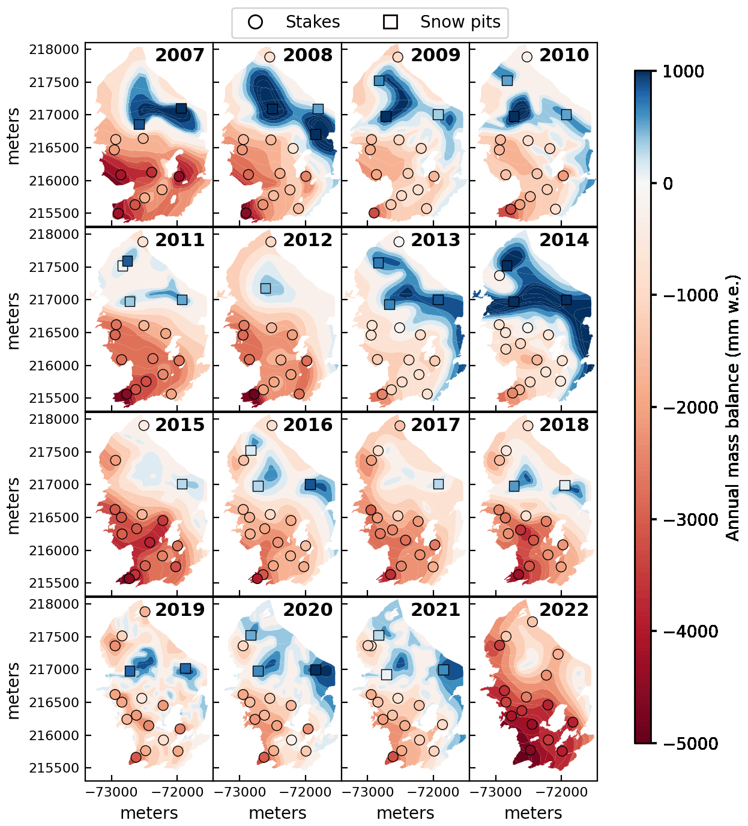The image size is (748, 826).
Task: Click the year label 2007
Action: click(179, 55)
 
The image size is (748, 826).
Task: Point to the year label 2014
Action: click(564, 240)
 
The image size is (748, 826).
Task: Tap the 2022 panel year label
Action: click(564, 610)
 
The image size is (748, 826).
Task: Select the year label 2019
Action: click(179, 610)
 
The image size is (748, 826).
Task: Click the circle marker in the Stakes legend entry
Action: click(256, 22)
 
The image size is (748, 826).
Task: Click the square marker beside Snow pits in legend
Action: click(391, 22)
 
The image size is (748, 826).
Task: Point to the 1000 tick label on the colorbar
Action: click(683, 71)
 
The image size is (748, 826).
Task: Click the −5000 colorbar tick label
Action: click(690, 744)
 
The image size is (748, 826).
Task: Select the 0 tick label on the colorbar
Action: click(668, 184)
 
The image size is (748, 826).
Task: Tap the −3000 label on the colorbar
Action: click(690, 520)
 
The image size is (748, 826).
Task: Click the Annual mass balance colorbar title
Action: click(733, 408)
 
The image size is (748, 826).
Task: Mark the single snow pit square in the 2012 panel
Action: click(265, 289)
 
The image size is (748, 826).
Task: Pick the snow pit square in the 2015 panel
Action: click(182, 484)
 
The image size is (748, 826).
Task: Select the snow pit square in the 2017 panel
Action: click(438, 484)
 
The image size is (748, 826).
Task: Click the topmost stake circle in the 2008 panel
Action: click(270, 57)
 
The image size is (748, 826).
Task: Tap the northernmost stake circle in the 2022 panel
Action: click(532, 621)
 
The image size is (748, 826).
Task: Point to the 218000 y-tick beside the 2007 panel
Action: click(54, 50)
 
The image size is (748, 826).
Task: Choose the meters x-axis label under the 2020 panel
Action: click(277, 813)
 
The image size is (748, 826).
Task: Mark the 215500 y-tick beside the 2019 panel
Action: click(54, 768)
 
